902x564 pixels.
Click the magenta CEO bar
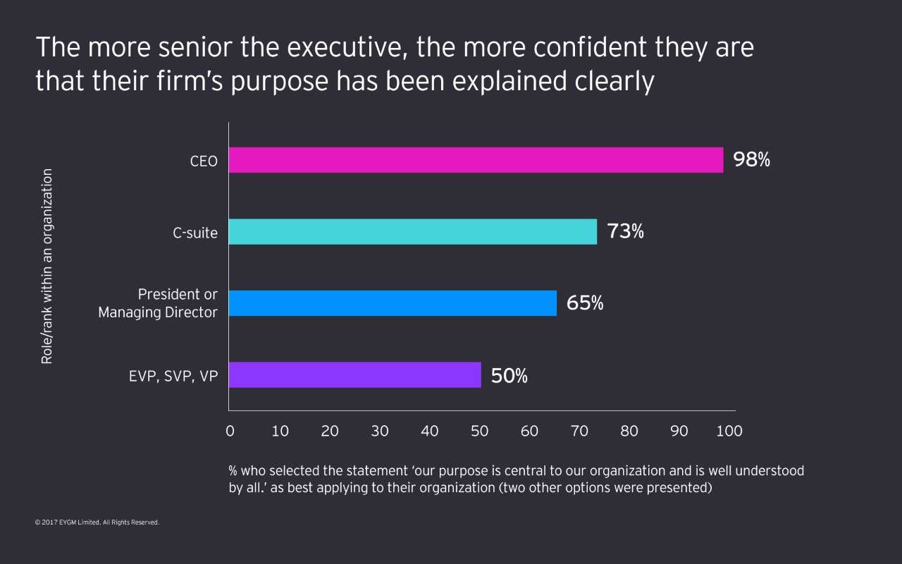pyautogui.click(x=476, y=160)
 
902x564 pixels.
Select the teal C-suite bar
pyautogui.click(x=413, y=232)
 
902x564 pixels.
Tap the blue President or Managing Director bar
pyautogui.click(x=393, y=303)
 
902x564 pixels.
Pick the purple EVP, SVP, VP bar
pyautogui.click(x=354, y=375)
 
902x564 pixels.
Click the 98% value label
pyautogui.click(x=751, y=160)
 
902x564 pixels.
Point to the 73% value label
pyautogui.click(x=625, y=231)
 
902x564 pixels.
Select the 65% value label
pyautogui.click(x=585, y=303)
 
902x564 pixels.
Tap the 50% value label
pyautogui.click(x=509, y=376)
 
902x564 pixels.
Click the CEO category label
pyautogui.click(x=204, y=161)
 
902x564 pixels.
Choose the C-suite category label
pyautogui.click(x=195, y=233)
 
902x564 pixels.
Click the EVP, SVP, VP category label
pyautogui.click(x=173, y=376)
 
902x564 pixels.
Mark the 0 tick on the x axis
pyautogui.click(x=230, y=431)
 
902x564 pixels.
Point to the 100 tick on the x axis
pyautogui.click(x=729, y=431)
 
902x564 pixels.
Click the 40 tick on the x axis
pyautogui.click(x=429, y=431)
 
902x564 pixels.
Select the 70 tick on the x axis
pyautogui.click(x=579, y=431)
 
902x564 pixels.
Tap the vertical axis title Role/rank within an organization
pyautogui.click(x=47, y=266)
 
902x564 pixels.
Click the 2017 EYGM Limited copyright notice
pyautogui.click(x=97, y=522)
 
